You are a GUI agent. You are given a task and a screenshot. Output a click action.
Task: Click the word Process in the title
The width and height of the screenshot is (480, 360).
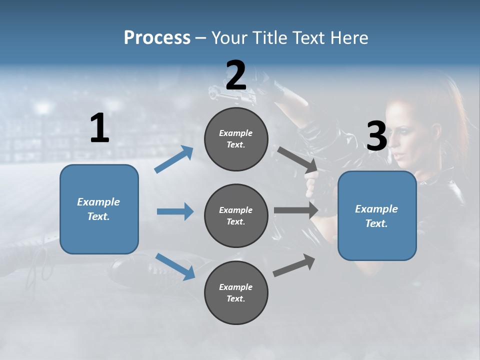(x=157, y=37)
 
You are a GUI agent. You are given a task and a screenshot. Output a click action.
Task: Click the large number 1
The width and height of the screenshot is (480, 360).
(x=99, y=127)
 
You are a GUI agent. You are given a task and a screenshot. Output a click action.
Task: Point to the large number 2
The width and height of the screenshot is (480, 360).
(x=236, y=74)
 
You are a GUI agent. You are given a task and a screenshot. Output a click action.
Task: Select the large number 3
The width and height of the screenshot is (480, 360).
(x=376, y=135)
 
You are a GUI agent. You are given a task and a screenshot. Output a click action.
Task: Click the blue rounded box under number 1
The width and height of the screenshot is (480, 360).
(x=99, y=209)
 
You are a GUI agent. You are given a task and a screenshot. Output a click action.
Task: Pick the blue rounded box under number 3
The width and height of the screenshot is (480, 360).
(x=377, y=216)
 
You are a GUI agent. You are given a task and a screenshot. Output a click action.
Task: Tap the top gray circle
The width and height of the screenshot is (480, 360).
(x=236, y=139)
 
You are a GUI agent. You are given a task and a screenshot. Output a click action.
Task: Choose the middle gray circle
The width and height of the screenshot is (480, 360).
(x=236, y=216)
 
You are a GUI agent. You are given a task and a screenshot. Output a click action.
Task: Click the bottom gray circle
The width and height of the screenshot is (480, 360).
(x=236, y=292)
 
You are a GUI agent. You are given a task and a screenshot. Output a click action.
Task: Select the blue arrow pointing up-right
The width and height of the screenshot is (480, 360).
(x=173, y=159)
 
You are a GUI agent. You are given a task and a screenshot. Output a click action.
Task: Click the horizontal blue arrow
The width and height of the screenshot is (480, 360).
(x=175, y=211)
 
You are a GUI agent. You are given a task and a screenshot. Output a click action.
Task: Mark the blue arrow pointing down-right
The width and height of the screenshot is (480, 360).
(x=175, y=267)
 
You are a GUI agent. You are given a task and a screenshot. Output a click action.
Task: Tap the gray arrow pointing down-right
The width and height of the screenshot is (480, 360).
(x=297, y=160)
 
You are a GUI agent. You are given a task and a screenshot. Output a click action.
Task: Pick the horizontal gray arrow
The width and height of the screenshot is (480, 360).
(x=296, y=210)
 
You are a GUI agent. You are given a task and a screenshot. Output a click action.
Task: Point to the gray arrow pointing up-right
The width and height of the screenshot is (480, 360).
(x=294, y=265)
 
